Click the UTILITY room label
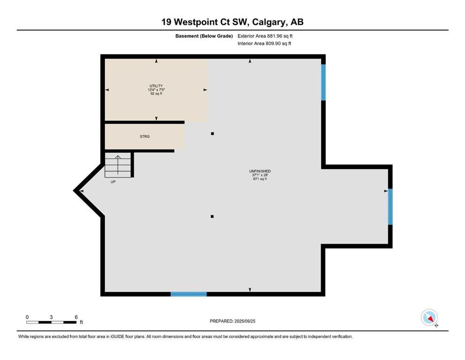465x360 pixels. [156, 86]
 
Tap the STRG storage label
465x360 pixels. [145, 136]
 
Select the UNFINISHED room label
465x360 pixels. [260, 171]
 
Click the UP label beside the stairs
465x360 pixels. [113, 182]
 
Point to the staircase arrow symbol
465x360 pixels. [118, 165]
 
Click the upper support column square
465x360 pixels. [212, 134]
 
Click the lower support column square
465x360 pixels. [212, 217]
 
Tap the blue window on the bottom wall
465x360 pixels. [189, 294]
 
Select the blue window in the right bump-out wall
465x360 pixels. [390, 207]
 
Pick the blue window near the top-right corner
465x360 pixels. [324, 82]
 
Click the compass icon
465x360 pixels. [429, 317]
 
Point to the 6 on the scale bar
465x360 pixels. [76, 317]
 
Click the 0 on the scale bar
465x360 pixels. [27, 317]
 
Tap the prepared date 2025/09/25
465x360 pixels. [244, 321]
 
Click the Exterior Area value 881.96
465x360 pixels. [274, 36]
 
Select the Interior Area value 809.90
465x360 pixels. [273, 43]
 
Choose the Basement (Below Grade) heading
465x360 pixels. [204, 36]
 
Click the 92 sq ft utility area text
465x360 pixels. [156, 93]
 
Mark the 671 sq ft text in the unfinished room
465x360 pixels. [260, 179]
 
